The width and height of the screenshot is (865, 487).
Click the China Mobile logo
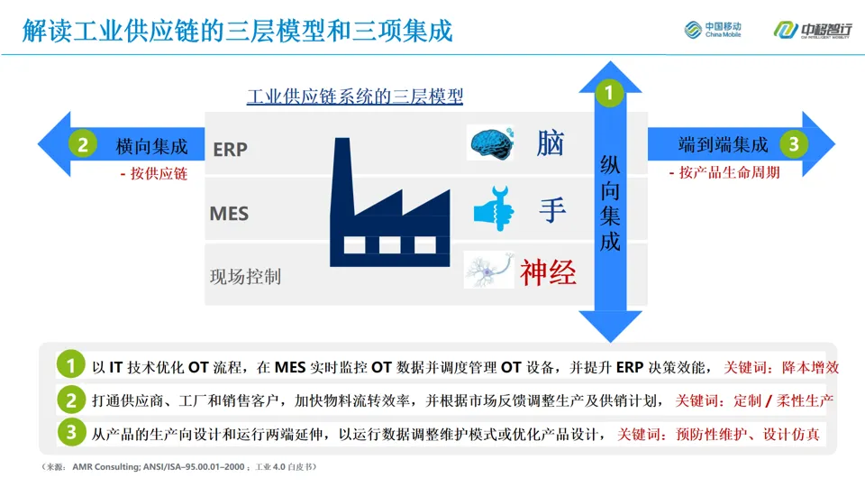click(x=713, y=31)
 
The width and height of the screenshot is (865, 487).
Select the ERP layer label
click(x=230, y=149)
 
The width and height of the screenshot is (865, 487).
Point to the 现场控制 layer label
click(x=245, y=276)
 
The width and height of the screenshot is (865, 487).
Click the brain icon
click(x=492, y=143)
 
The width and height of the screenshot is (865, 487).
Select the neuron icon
click(x=488, y=270)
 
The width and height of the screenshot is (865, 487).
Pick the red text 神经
click(x=548, y=271)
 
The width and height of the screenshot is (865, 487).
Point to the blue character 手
click(x=551, y=209)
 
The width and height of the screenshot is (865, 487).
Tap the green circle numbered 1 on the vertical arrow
click(x=610, y=93)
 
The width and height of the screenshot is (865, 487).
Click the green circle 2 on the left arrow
click(x=82, y=144)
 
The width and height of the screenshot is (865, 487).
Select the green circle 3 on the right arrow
click(x=793, y=144)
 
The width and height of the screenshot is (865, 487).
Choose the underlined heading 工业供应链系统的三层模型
click(x=354, y=96)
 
